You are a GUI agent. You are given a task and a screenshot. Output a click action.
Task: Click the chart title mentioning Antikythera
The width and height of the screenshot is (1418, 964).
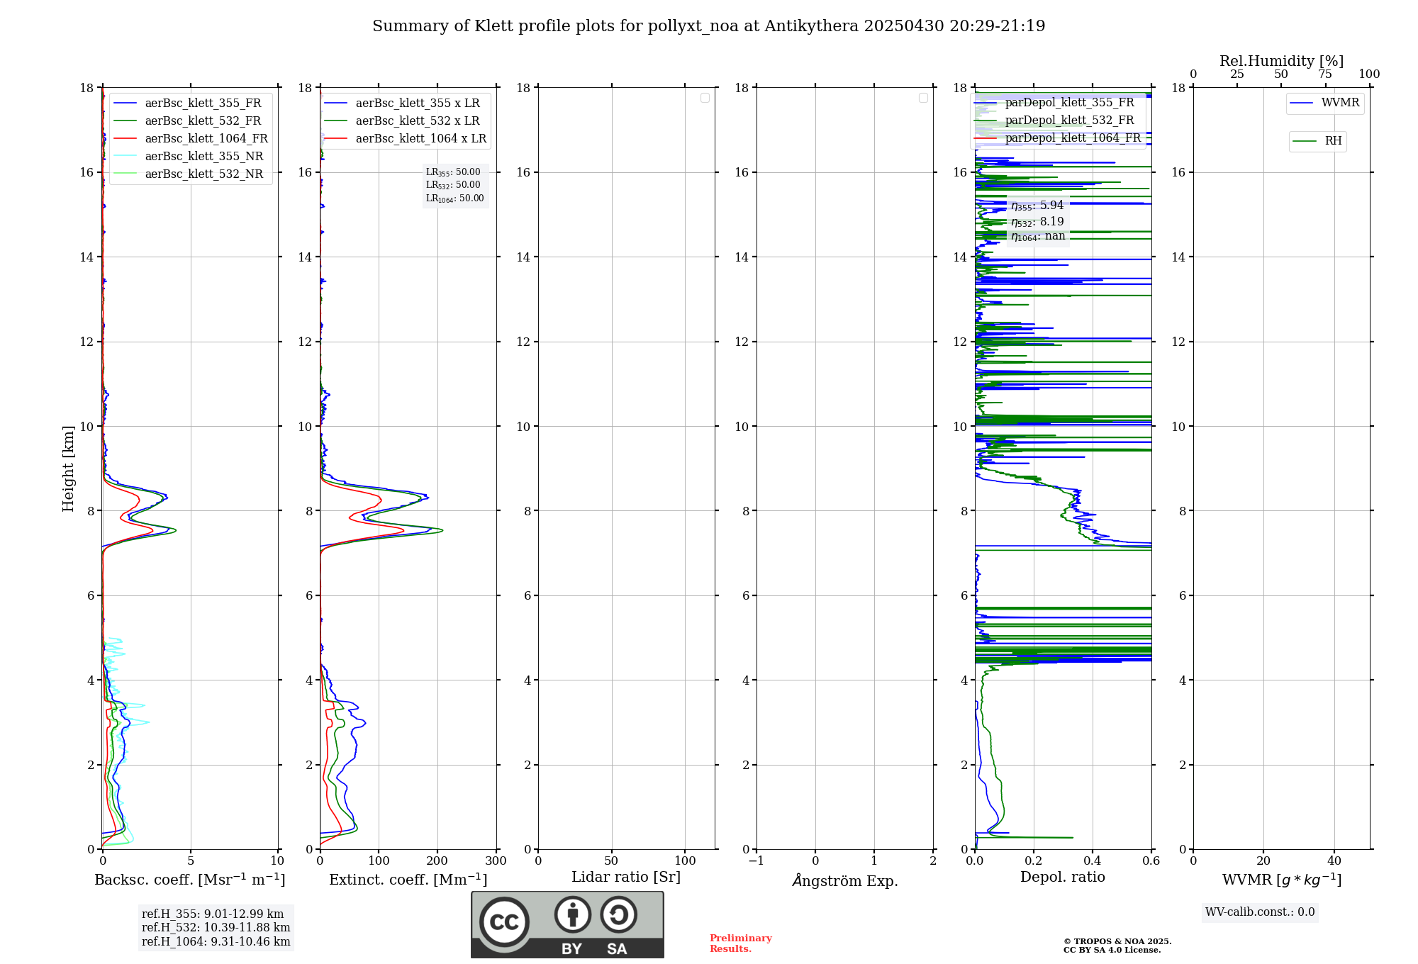[x=708, y=26]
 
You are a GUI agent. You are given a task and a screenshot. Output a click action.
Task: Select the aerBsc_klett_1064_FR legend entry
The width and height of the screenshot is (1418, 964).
[x=206, y=138]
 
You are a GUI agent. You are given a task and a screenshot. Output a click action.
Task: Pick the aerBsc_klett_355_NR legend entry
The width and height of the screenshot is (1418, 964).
[x=203, y=156]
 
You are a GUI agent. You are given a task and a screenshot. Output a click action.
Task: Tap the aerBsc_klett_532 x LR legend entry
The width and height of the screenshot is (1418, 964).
[x=417, y=120]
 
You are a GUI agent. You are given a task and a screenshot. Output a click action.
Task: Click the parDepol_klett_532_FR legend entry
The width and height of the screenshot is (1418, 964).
[x=1069, y=120]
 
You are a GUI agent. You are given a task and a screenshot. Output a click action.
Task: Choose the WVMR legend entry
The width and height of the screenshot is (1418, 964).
[x=1340, y=103]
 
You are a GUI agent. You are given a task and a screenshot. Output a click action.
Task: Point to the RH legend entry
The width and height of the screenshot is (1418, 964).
[x=1333, y=141]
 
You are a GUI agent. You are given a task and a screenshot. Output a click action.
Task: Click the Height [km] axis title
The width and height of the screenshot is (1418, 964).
[x=68, y=468]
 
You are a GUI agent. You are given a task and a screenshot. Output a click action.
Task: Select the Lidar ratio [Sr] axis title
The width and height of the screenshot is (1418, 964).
[x=626, y=877]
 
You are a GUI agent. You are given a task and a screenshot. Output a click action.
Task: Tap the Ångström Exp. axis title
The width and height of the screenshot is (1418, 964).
[x=844, y=880]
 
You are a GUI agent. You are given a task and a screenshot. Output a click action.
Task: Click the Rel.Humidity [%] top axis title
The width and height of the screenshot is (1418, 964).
[x=1281, y=61]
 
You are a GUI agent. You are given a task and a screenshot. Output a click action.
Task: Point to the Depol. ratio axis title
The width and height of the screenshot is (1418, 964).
[x=1062, y=877]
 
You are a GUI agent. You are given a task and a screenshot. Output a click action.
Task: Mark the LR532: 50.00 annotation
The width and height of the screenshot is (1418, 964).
[x=453, y=185]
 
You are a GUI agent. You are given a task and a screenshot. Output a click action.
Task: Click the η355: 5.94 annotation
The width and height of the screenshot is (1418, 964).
[x=1037, y=206]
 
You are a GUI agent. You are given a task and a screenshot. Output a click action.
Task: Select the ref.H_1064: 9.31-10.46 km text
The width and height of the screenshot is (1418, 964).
[x=216, y=941]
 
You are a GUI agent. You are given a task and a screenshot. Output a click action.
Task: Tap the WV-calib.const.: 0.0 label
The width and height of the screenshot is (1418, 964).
[x=1260, y=912]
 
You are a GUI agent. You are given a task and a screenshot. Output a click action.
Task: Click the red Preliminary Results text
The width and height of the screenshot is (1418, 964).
[x=740, y=943]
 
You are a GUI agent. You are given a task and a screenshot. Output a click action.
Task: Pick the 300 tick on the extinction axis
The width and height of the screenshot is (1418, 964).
[x=496, y=861]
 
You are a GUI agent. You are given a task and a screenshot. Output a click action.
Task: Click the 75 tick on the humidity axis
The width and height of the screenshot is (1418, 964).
[x=1325, y=74]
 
